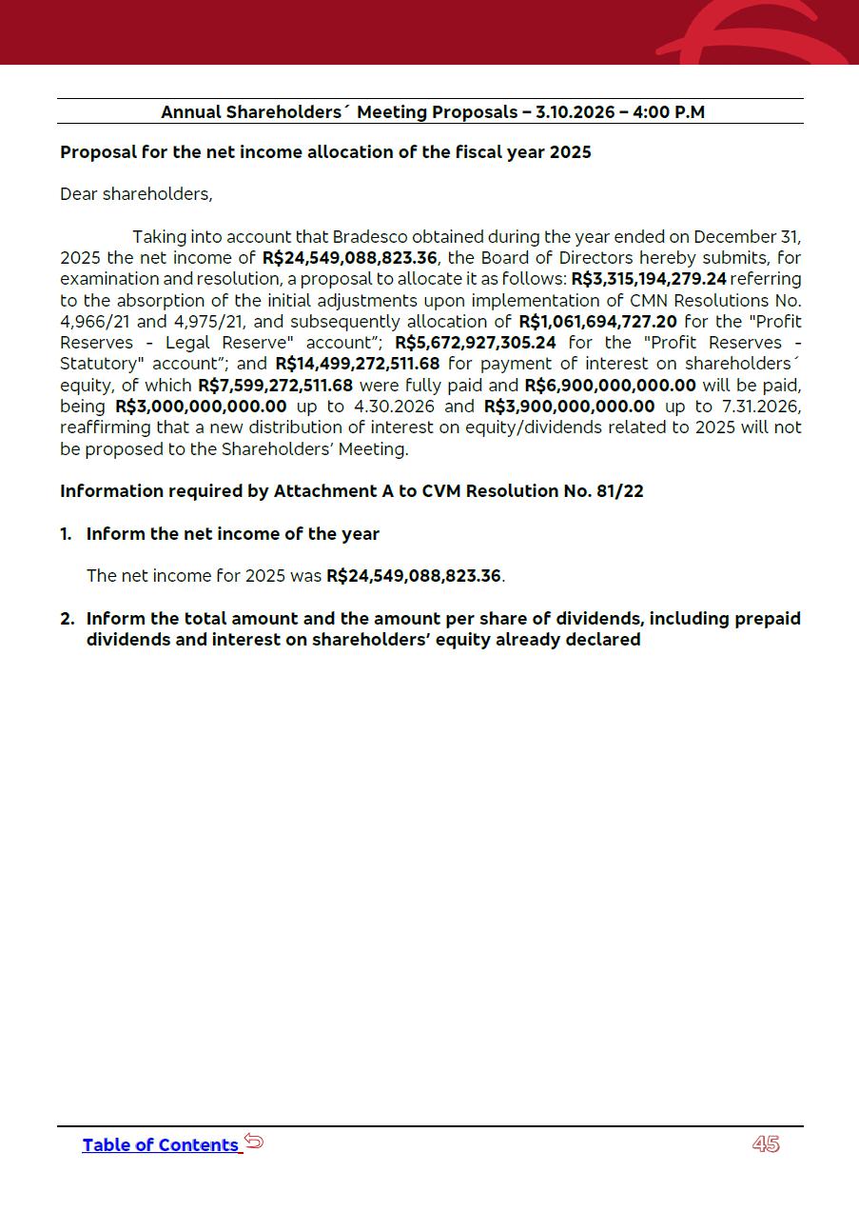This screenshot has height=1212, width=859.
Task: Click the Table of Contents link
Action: pyautogui.click(x=160, y=1144)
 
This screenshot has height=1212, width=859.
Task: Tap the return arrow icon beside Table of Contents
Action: pyautogui.click(x=253, y=1141)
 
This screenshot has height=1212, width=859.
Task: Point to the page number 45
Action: pyautogui.click(x=766, y=1144)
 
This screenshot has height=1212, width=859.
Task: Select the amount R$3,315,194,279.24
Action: pyautogui.click(x=648, y=279)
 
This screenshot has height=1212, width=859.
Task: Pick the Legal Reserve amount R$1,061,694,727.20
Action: pyautogui.click(x=597, y=321)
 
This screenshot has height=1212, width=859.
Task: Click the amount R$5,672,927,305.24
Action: pyautogui.click(x=475, y=342)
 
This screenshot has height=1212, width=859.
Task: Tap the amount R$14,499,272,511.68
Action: pyautogui.click(x=357, y=363)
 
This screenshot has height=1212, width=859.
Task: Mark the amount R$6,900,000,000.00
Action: pyautogui.click(x=610, y=385)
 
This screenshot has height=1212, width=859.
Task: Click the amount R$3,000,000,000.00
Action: pyautogui.click(x=201, y=406)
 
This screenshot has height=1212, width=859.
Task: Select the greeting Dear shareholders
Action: pyautogui.click(x=136, y=194)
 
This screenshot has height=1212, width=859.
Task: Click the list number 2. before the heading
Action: pyautogui.click(x=67, y=619)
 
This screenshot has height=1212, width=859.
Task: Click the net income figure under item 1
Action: pyautogui.click(x=414, y=576)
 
